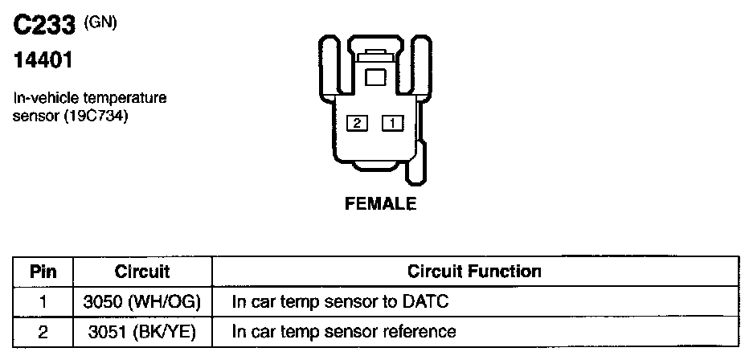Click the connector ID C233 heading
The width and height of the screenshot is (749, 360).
[45, 27]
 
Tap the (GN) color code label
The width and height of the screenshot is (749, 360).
[101, 22]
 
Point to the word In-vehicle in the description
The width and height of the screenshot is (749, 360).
[43, 98]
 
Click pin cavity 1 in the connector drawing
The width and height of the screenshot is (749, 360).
[392, 123]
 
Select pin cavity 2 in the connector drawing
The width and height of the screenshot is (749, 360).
[357, 123]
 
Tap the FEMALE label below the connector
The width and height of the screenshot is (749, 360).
[381, 204]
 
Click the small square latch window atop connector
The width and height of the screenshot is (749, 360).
[375, 76]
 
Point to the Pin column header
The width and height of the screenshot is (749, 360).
[43, 271]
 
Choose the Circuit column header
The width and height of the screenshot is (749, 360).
[141, 271]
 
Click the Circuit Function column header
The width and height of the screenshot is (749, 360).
[474, 271]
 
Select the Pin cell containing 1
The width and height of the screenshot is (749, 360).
[43, 301]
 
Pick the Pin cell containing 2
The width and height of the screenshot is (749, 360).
[43, 330]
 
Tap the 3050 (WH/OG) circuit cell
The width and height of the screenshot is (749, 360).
[141, 301]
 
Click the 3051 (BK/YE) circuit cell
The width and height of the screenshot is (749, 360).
[141, 330]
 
